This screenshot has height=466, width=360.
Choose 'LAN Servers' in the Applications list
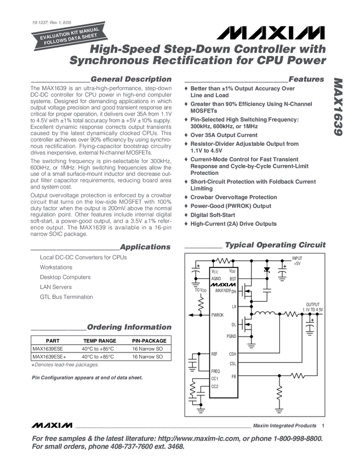point(55,287)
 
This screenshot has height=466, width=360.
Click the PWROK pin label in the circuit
point(218,315)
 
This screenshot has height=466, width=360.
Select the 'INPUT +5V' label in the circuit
point(297,260)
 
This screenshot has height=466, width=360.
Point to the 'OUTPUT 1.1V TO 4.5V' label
point(312,306)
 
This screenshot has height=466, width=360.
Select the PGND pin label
point(231,336)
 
